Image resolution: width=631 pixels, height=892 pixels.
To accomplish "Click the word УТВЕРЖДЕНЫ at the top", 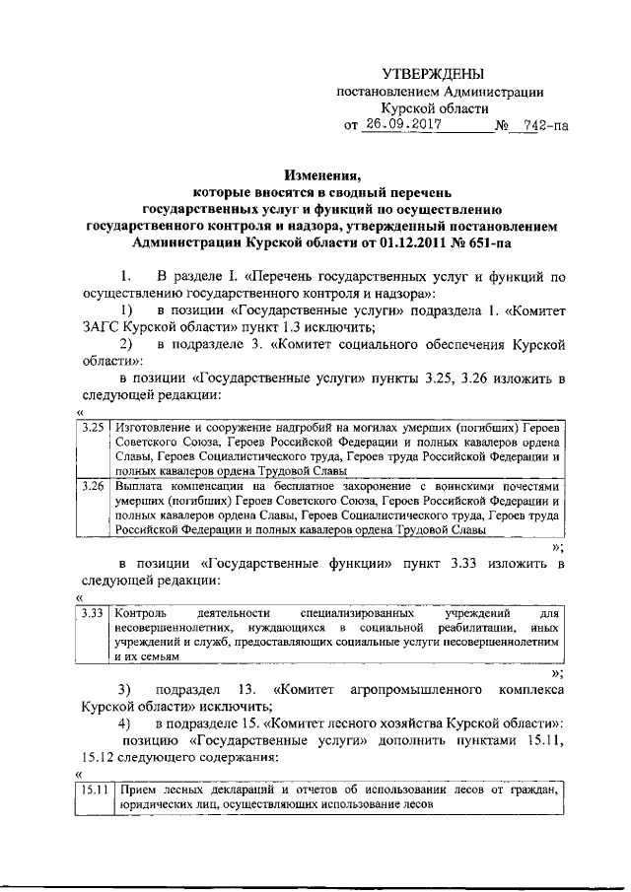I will coord(435,75).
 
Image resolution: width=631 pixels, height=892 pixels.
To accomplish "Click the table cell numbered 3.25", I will coord(93,428).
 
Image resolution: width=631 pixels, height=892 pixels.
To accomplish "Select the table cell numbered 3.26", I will coord(93,486).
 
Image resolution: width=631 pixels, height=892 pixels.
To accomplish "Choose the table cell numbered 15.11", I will coord(95,789).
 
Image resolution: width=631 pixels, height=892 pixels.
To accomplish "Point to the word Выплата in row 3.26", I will coord(138,486).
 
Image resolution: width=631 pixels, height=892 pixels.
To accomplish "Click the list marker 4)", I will coord(125,723).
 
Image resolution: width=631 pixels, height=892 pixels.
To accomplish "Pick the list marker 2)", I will coord(125,345).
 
